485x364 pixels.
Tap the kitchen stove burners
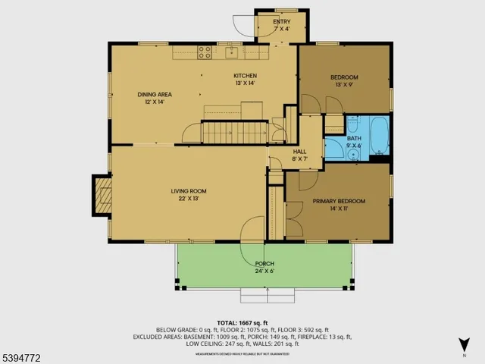(205, 52)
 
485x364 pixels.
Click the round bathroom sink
(353, 153)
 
